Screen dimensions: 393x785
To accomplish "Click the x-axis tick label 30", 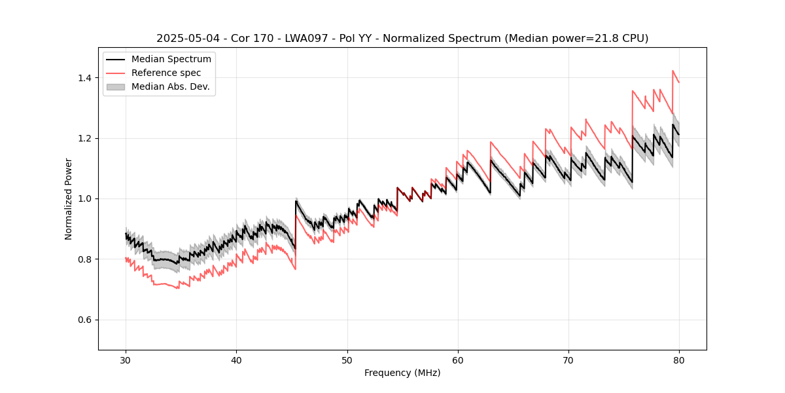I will click(126, 360).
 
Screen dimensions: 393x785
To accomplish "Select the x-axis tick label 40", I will click(236, 360).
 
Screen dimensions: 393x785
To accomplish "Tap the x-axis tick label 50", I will click(347, 360).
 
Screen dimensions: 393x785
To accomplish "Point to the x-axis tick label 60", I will click(458, 360).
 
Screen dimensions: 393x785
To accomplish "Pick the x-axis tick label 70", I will click(568, 360).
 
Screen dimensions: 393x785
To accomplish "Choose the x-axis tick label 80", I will click(679, 360).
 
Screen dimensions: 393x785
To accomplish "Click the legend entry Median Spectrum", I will click(171, 60).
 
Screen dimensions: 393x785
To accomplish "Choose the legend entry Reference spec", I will click(166, 73).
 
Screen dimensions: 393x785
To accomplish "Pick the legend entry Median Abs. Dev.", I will click(170, 86).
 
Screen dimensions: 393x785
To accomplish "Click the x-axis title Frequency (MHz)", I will click(402, 373).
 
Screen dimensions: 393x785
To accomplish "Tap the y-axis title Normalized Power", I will click(69, 198).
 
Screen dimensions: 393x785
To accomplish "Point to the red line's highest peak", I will click(672, 71).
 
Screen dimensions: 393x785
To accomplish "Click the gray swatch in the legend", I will click(116, 86).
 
